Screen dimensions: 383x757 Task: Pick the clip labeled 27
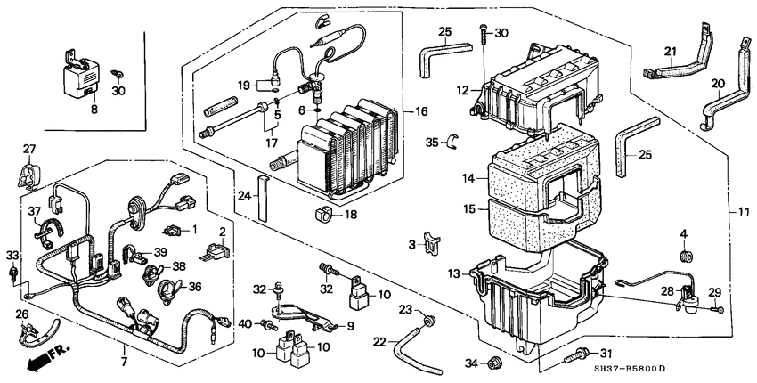click(x=29, y=170)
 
